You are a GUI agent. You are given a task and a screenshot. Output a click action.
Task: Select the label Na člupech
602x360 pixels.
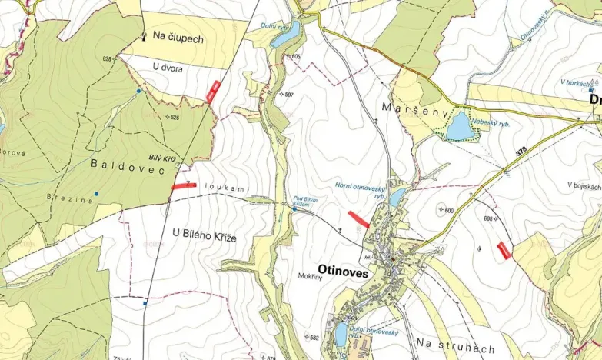(178, 36)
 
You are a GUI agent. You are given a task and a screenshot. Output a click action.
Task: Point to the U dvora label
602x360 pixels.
(168, 68)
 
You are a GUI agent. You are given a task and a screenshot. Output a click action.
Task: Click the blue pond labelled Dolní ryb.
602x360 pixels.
(285, 34)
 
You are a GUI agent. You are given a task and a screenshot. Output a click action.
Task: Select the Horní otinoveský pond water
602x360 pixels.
(396, 197)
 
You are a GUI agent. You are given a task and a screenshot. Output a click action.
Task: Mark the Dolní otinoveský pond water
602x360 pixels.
(341, 333)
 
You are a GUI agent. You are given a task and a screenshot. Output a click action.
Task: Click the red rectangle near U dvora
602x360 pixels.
(214, 91)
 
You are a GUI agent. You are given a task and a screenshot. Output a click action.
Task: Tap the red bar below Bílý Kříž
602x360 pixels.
(184, 185)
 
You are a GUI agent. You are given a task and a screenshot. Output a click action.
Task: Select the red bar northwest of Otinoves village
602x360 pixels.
(359, 218)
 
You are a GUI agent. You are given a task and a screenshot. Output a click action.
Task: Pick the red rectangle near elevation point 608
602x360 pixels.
(504, 250)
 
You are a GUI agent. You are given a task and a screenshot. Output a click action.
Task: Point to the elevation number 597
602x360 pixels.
(289, 94)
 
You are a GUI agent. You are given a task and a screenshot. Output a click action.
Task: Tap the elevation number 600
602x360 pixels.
(449, 210)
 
